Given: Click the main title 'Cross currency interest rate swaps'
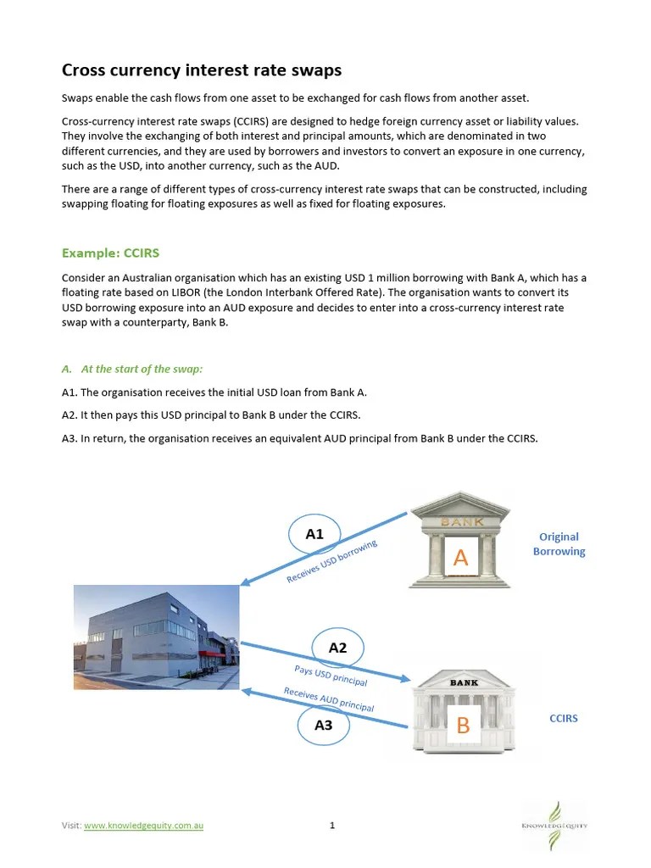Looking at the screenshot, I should (202, 70).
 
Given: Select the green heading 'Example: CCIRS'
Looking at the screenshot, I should (110, 253).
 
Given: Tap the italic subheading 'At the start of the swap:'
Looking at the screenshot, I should (142, 369).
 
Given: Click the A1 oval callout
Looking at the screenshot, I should (314, 534).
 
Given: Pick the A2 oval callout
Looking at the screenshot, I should (337, 648).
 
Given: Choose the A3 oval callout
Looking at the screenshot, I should (323, 725).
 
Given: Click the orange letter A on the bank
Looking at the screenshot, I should (460, 558).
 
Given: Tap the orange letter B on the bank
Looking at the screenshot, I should (463, 726).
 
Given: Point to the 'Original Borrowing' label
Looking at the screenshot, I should (559, 544).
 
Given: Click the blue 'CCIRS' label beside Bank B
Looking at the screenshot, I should (564, 718).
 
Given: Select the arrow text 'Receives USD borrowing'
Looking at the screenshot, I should (331, 561).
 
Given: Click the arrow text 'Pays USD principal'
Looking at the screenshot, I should (330, 676).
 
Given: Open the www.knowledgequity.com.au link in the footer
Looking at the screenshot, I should (144, 826).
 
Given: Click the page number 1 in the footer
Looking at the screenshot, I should (332, 826).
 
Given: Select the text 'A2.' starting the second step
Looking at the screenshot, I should (70, 415).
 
